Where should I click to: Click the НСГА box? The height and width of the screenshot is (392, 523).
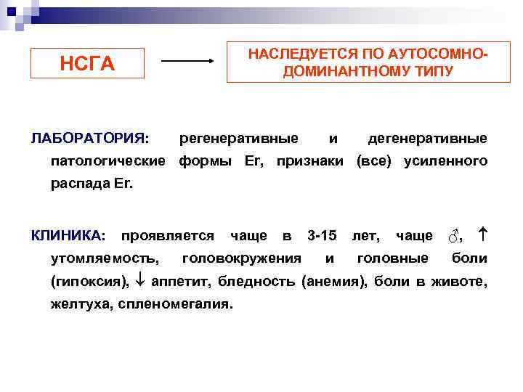pos(87,63)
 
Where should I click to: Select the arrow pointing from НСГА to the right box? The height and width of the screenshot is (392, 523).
pos(187,62)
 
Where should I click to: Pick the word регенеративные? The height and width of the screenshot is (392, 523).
pos(238,138)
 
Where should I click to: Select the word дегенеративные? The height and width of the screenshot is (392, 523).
pos(427,138)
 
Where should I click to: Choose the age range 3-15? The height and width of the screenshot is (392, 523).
pos(322,235)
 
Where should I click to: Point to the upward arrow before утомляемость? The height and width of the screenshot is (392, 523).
pos(482,235)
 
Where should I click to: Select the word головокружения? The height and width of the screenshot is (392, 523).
pos(242,258)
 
